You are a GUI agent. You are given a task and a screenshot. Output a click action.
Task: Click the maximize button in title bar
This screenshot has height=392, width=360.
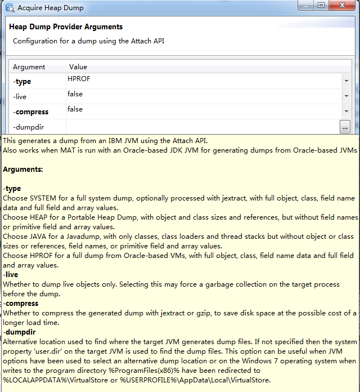click(321, 6)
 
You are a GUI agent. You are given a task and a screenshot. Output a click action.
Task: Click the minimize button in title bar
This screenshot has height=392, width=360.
click(305, 6)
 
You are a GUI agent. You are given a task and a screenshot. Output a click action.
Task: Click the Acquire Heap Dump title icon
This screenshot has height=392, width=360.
click(10, 8)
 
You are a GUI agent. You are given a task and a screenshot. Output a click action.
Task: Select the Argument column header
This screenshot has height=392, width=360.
click(29, 67)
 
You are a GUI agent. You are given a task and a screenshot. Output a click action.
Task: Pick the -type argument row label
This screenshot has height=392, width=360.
click(22, 82)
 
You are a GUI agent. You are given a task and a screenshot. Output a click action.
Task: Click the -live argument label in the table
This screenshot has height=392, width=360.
click(20, 97)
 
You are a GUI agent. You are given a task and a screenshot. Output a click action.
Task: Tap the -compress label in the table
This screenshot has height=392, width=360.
click(30, 112)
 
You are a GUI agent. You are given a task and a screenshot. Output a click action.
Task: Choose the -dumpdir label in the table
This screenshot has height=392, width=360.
click(28, 127)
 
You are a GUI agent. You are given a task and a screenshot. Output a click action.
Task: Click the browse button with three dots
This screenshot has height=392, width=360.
click(345, 127)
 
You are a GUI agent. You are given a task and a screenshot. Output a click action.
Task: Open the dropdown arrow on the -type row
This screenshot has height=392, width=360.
click(346, 82)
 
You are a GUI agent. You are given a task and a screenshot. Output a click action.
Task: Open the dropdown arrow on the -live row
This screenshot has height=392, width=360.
click(346, 97)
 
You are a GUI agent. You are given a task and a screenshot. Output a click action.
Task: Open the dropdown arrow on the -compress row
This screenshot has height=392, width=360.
click(346, 112)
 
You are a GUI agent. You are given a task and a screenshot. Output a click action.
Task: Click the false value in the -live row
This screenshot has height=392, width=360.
click(75, 95)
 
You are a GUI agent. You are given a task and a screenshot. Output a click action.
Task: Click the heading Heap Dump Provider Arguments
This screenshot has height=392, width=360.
click(66, 27)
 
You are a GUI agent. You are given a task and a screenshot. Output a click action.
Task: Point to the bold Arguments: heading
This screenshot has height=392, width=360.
click(23, 169)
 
